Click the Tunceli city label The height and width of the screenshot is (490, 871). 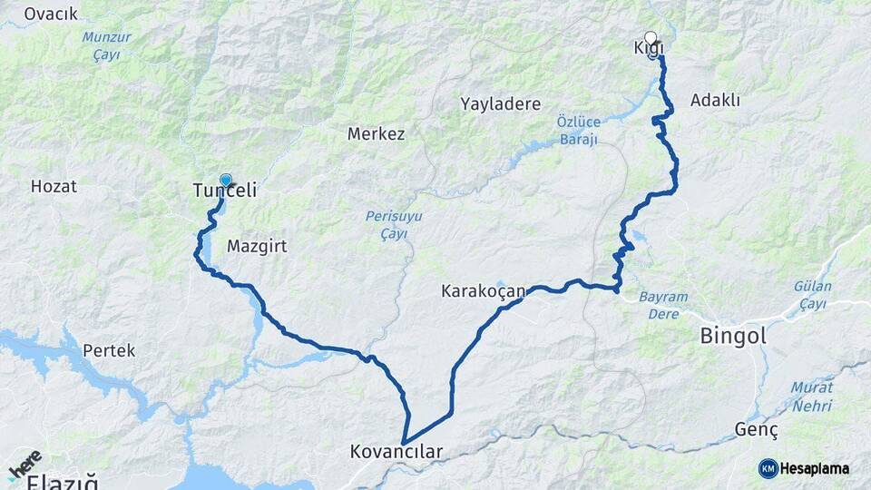(x=225, y=191)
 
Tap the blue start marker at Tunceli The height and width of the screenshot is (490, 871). (x=226, y=181)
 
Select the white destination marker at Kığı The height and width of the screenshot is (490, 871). (x=651, y=38)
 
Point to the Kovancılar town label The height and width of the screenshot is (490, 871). (x=396, y=451)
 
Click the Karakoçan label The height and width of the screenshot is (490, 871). (x=484, y=291)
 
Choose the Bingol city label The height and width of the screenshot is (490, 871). (x=733, y=336)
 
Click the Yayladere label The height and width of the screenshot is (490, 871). (x=500, y=103)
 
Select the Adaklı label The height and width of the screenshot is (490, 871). (x=715, y=100)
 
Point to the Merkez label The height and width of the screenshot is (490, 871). (x=376, y=133)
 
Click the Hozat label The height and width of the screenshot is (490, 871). (x=54, y=186)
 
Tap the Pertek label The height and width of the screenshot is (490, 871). (x=108, y=349)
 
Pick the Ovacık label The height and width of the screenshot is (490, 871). (x=51, y=14)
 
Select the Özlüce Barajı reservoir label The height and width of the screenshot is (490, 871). (x=577, y=130)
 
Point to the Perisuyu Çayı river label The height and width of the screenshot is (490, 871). (x=387, y=224)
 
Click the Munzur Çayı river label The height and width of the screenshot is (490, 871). (x=106, y=45)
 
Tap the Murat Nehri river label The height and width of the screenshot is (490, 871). (x=811, y=396)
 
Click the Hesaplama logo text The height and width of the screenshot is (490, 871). (x=814, y=468)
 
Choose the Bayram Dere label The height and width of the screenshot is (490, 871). (x=663, y=305)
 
